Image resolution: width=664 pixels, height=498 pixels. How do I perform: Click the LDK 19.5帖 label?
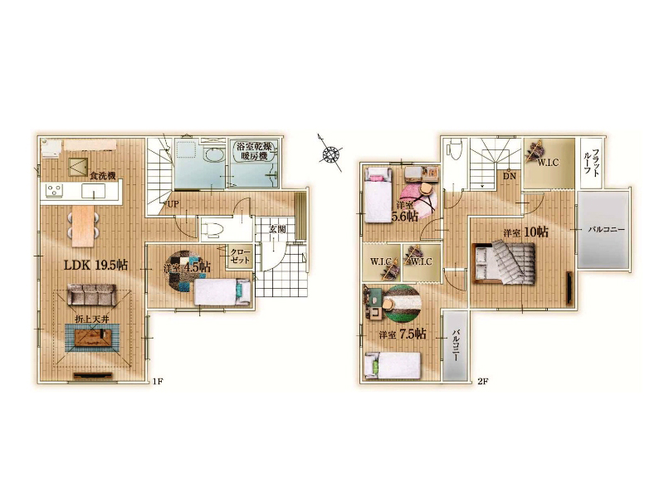95,265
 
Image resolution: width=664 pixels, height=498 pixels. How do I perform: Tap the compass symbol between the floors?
330,154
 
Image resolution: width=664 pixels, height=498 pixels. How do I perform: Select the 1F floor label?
158,382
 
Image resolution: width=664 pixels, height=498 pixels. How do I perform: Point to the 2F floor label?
483,381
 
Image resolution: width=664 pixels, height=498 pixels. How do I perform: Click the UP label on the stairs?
173,204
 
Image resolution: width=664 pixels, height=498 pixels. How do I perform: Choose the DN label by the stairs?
510,176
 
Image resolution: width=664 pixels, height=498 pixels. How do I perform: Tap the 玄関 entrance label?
277,230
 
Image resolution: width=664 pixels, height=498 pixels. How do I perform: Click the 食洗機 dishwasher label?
103,175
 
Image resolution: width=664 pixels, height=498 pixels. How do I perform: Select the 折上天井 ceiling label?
92,319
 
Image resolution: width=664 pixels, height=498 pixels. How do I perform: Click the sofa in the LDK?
91,295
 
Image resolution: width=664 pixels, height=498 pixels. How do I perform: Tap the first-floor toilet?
213,230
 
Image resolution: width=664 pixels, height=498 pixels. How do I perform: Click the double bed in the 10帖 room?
504,262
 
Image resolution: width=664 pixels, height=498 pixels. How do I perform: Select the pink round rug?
418,198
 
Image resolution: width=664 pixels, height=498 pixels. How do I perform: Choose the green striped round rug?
403,303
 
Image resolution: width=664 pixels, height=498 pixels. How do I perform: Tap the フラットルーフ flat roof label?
592,160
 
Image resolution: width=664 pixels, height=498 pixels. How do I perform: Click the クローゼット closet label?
241,256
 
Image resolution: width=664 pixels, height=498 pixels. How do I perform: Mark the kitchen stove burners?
54,190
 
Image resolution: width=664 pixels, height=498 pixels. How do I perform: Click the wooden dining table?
82,225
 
